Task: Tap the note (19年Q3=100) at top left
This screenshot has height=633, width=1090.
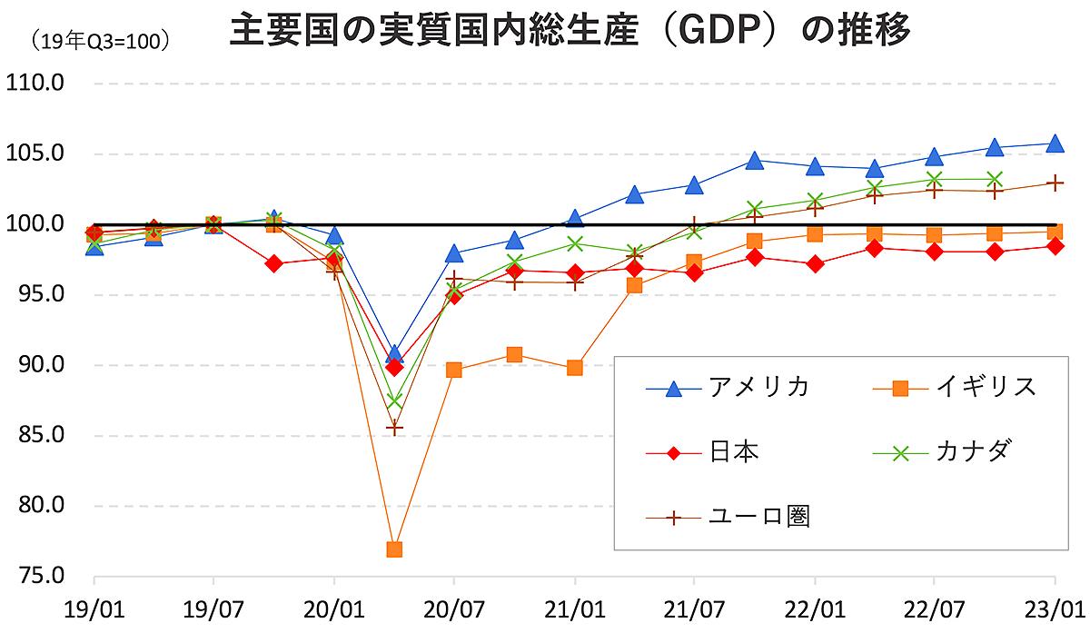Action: tap(99, 41)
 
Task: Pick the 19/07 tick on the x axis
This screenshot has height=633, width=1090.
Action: tap(213, 606)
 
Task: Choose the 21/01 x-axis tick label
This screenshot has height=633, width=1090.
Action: tap(574, 606)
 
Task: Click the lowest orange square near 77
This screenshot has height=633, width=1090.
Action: tap(394, 549)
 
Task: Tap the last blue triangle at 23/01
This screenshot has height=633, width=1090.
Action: tap(1055, 143)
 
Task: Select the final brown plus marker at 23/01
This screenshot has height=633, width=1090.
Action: tap(1055, 183)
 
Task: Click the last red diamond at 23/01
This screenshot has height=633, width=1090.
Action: tap(1055, 245)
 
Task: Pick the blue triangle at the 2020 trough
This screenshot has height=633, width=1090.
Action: tap(394, 353)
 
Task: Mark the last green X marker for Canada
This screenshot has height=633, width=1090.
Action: tap(995, 179)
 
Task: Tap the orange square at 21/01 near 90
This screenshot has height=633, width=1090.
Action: tap(574, 368)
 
